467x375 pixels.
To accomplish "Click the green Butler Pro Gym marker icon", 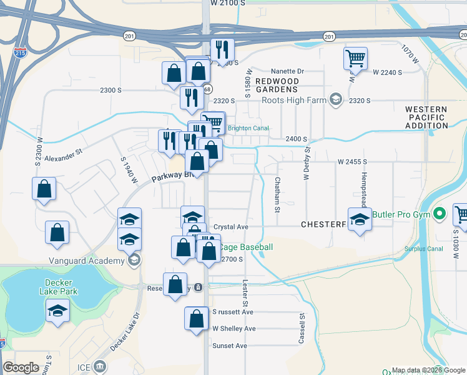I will (x=440, y=214).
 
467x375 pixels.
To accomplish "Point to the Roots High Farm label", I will (x=294, y=100).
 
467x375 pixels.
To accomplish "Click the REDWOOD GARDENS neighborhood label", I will (x=277, y=85).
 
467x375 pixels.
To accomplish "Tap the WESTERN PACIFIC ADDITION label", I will (x=426, y=117).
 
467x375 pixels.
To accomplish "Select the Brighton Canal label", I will (x=248, y=129).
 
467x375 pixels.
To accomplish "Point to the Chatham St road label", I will (x=277, y=193).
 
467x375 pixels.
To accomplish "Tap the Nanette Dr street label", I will (x=287, y=72).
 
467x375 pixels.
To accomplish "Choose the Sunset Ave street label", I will (x=230, y=346).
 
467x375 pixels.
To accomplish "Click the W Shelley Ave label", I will (x=234, y=329).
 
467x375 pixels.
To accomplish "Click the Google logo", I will (x=21, y=367).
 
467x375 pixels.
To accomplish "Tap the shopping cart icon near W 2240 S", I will (x=355, y=59).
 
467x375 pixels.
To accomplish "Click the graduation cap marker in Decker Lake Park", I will (x=57, y=310).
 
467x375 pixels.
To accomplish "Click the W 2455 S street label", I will (x=352, y=162).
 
